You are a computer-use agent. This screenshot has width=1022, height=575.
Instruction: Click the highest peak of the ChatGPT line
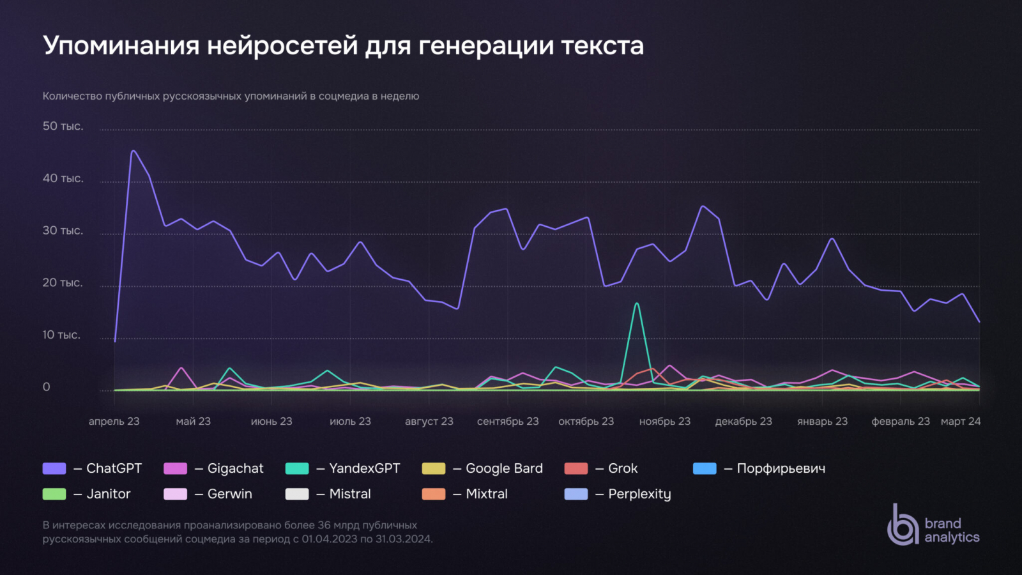133,151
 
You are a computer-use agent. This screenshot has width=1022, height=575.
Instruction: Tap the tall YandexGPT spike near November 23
637,304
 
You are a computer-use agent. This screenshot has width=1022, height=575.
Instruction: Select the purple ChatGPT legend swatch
54,468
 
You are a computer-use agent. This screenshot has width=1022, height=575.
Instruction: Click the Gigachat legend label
235,468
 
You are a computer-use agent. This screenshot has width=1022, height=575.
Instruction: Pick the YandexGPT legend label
364,468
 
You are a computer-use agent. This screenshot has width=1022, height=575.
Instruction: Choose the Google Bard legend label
504,468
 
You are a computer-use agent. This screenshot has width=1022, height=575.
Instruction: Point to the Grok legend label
623,468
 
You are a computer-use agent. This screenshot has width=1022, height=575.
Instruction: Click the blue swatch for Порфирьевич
705,468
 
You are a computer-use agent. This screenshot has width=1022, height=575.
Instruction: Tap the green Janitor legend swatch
54,494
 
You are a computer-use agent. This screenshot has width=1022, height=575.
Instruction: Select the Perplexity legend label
639,494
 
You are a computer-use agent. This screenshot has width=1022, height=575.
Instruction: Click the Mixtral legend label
487,494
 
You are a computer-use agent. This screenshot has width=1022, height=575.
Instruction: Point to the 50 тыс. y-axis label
63,126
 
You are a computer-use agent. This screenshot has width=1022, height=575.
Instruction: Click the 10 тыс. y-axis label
61,335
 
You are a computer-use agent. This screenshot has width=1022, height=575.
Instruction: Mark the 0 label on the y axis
46,387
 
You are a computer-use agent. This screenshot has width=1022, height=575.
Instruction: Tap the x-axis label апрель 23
114,421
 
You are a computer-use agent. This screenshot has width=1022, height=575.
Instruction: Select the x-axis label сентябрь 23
508,421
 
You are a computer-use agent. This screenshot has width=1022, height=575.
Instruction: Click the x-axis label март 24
960,421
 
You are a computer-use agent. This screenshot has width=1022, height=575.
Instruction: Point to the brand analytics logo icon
903,525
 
